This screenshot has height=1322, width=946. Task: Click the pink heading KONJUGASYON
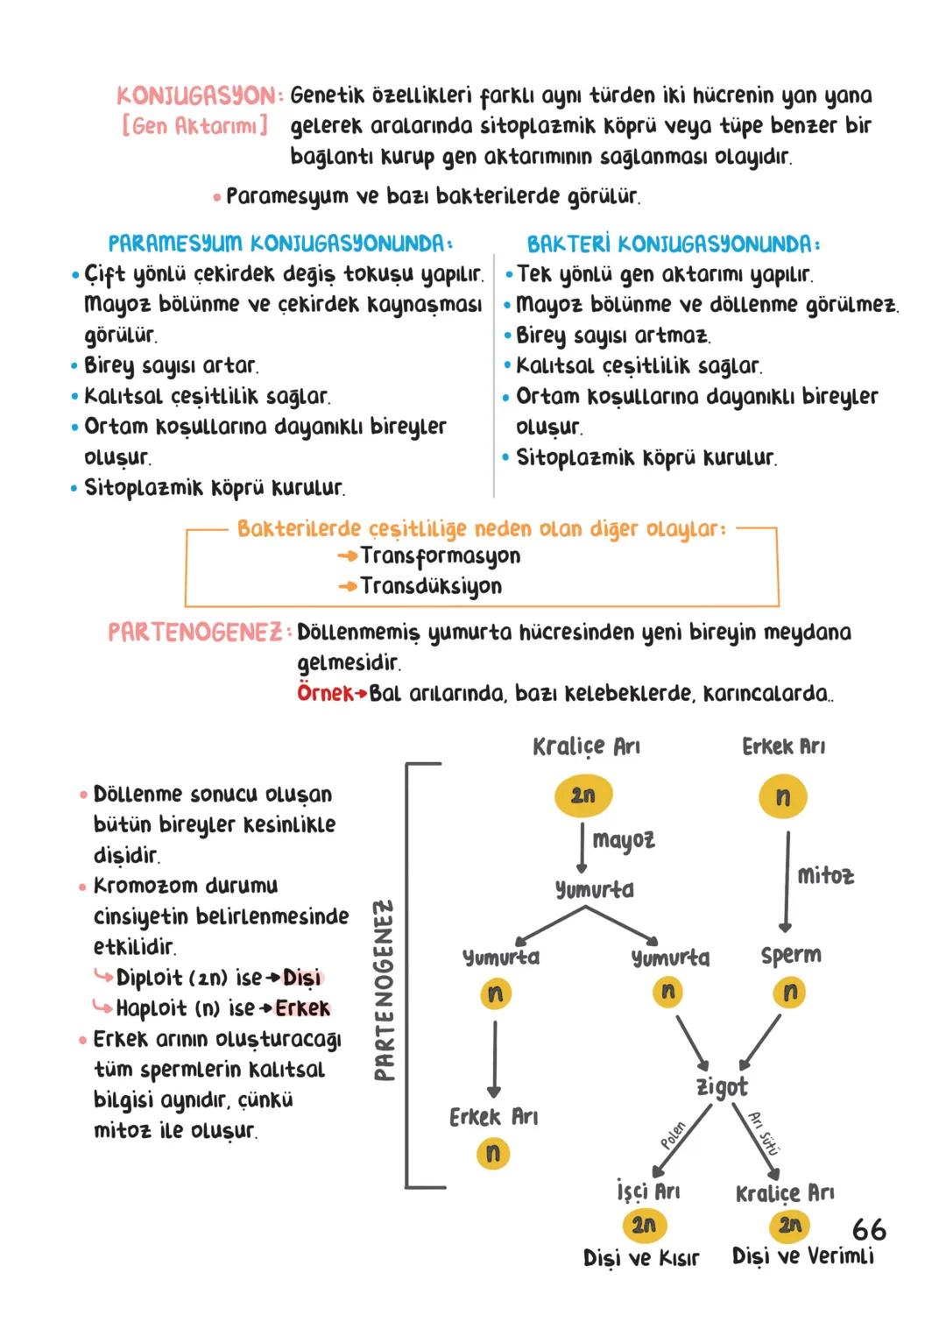(196, 95)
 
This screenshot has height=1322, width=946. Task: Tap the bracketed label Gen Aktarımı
(194, 126)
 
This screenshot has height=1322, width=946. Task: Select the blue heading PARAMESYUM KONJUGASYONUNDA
(279, 243)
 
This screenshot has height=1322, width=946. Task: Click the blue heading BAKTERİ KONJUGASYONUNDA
(673, 244)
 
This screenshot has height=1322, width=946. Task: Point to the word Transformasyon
(440, 555)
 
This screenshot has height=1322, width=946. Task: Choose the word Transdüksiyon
(431, 586)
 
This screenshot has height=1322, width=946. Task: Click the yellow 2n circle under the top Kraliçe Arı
(583, 795)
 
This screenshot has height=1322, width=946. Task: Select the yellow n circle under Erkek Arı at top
(782, 797)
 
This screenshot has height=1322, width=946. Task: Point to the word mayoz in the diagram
(624, 840)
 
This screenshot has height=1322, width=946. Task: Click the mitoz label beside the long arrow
(825, 875)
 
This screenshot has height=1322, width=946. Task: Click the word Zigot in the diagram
(722, 1087)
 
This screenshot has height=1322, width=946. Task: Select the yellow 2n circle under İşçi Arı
(644, 1225)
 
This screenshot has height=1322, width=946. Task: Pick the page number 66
(869, 1229)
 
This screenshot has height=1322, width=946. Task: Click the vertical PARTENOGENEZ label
(385, 990)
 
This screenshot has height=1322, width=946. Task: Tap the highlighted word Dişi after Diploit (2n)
(303, 978)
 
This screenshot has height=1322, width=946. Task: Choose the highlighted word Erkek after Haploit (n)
(302, 1008)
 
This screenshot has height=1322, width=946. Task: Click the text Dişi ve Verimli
(803, 1256)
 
